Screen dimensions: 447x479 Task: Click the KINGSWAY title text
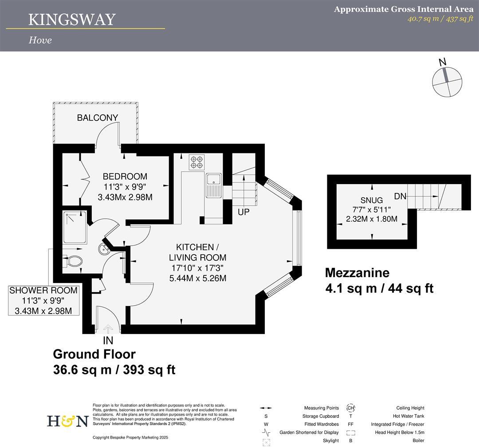72,20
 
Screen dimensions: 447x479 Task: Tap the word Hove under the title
40,40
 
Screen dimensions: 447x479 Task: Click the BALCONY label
98,118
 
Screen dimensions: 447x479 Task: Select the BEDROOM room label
125,176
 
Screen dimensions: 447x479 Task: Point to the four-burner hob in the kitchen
197,162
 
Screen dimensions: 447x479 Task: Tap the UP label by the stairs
243,212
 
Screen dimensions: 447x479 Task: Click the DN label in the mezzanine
400,196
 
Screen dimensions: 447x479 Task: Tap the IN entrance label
108,341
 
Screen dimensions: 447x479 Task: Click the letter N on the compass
442,63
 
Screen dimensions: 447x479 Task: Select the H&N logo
67,420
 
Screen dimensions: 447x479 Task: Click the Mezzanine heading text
357,272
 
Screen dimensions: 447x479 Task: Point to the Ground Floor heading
94,354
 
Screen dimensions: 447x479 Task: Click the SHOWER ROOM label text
43,291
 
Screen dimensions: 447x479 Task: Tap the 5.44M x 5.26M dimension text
198,278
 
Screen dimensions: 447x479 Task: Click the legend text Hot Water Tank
406,416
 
